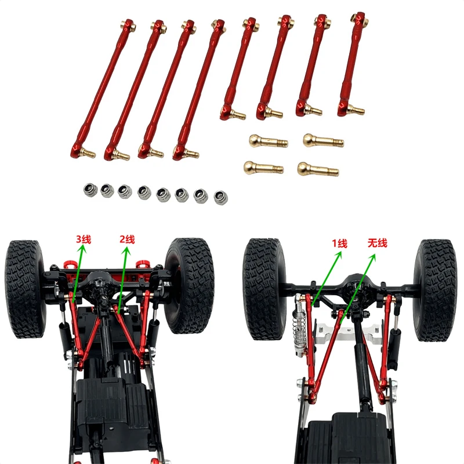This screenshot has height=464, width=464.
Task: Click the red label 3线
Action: point(84,238)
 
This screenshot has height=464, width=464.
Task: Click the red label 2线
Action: point(127,238)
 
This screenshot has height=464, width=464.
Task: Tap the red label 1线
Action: point(339,244)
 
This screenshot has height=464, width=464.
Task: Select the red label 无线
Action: point(377,244)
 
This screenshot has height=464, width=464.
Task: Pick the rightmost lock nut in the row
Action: point(220,197)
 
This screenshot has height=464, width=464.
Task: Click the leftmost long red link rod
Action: point(105,87)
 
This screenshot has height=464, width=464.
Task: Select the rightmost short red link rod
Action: point(351,64)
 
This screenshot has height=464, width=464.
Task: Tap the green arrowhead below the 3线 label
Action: point(82,249)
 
